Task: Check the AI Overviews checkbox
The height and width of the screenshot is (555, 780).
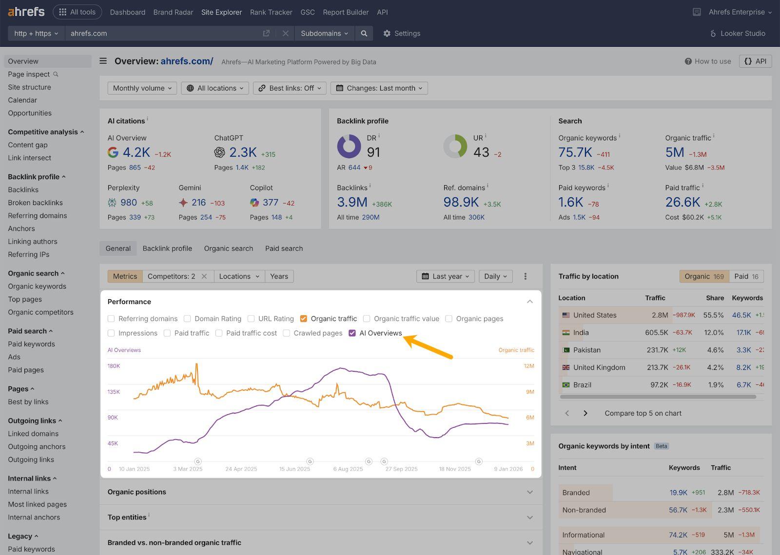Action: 352,333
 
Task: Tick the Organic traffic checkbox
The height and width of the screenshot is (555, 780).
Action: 303,319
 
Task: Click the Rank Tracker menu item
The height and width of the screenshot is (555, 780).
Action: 271,12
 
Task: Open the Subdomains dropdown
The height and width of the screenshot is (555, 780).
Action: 324,34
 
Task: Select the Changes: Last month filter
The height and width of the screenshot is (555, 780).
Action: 379,88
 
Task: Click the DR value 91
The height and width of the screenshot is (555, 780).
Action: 373,153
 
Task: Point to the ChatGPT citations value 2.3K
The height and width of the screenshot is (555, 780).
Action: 243,153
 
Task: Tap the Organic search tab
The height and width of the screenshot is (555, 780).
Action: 229,249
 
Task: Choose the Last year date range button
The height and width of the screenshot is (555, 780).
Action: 446,276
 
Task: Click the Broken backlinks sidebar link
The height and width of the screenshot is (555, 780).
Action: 35,203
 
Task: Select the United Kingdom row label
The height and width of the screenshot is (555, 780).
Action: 599,367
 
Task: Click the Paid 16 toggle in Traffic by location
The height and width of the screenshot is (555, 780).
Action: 746,276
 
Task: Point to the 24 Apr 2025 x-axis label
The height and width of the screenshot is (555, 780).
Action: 241,469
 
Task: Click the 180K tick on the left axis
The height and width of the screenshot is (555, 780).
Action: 114,366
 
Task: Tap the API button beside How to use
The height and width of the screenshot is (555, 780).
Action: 756,61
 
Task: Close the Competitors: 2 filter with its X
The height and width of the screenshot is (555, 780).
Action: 204,276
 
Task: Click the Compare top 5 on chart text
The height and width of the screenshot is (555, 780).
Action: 643,413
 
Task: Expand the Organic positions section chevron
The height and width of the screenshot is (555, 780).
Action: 530,492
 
